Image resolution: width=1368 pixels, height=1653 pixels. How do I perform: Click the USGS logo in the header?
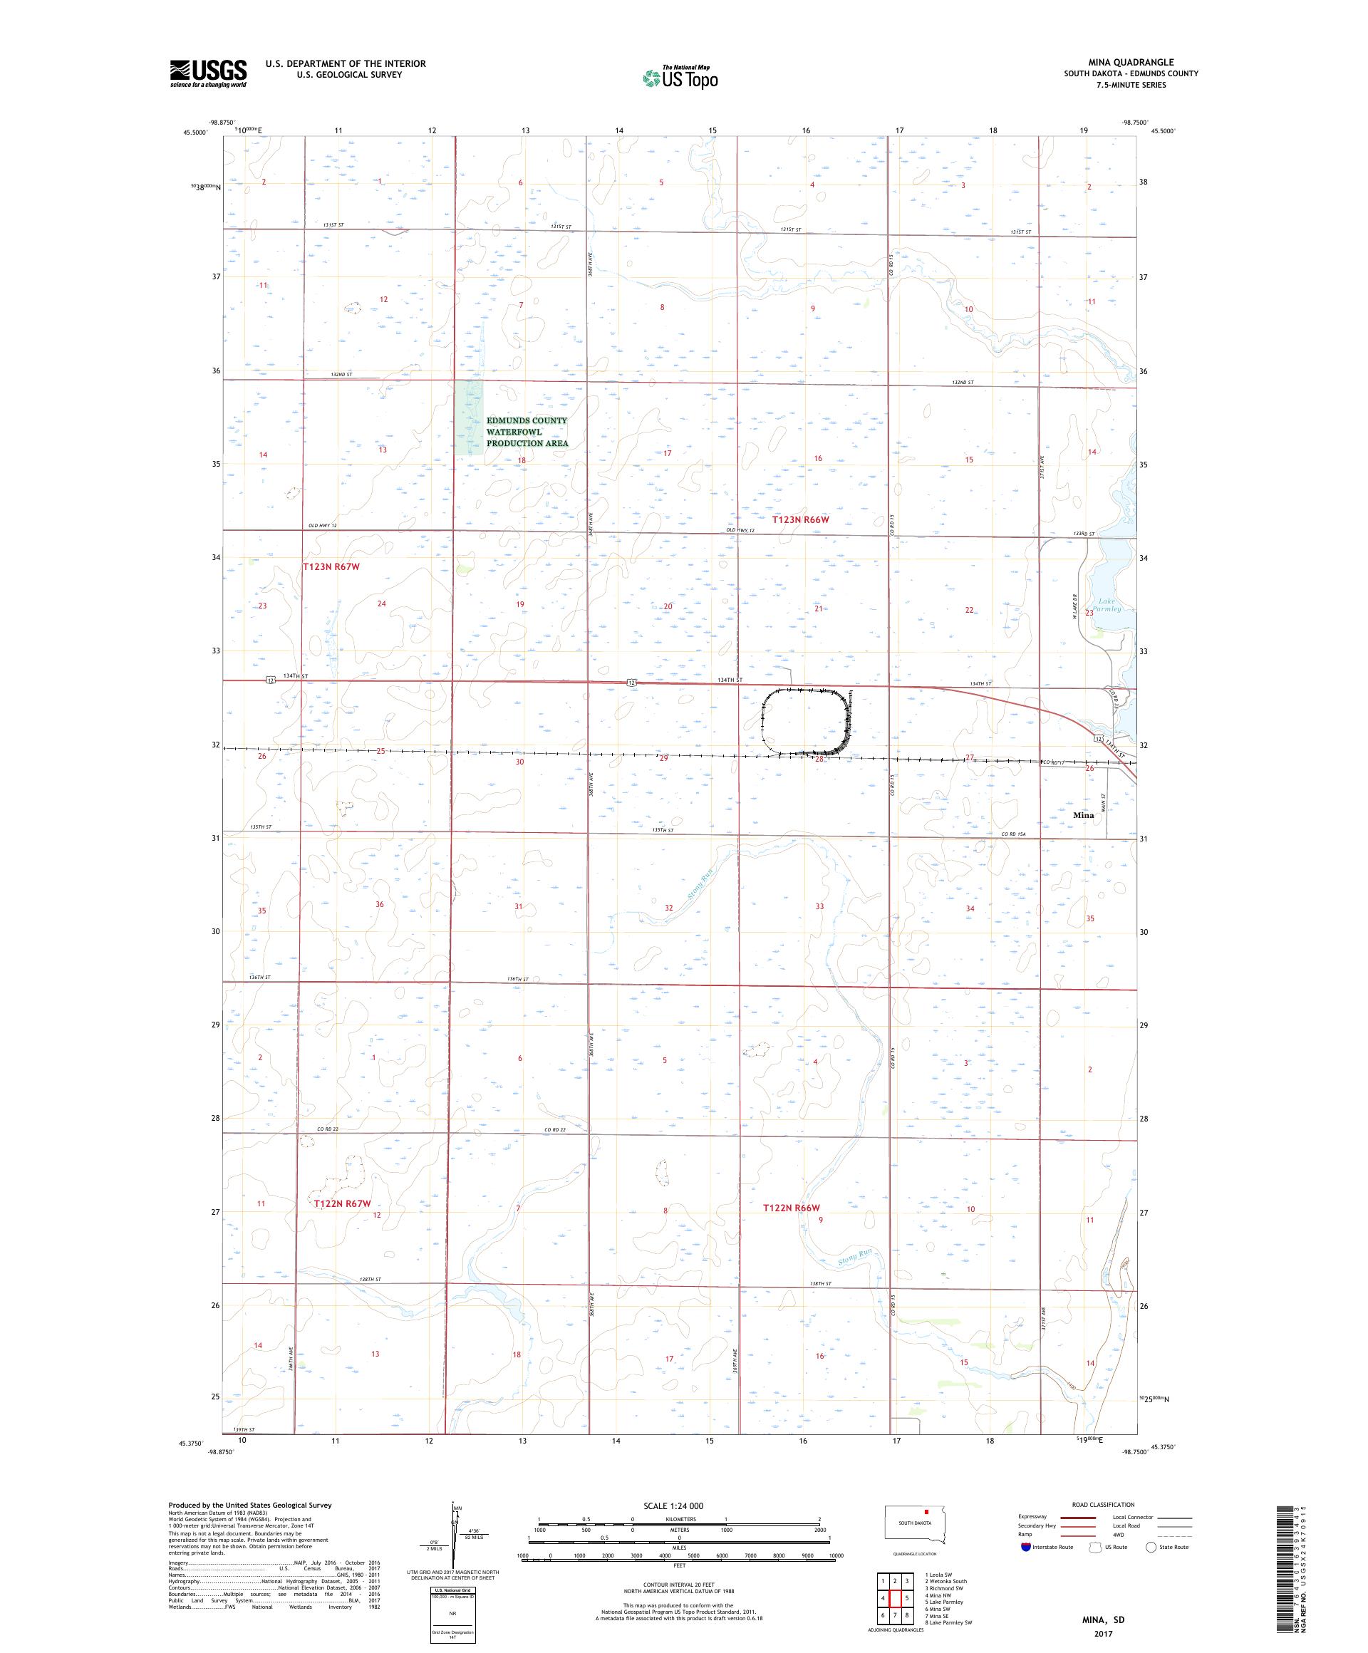tap(208, 73)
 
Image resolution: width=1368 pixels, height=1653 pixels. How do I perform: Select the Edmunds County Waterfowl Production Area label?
tap(527, 431)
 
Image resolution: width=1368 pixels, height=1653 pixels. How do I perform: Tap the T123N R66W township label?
tap(800, 519)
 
